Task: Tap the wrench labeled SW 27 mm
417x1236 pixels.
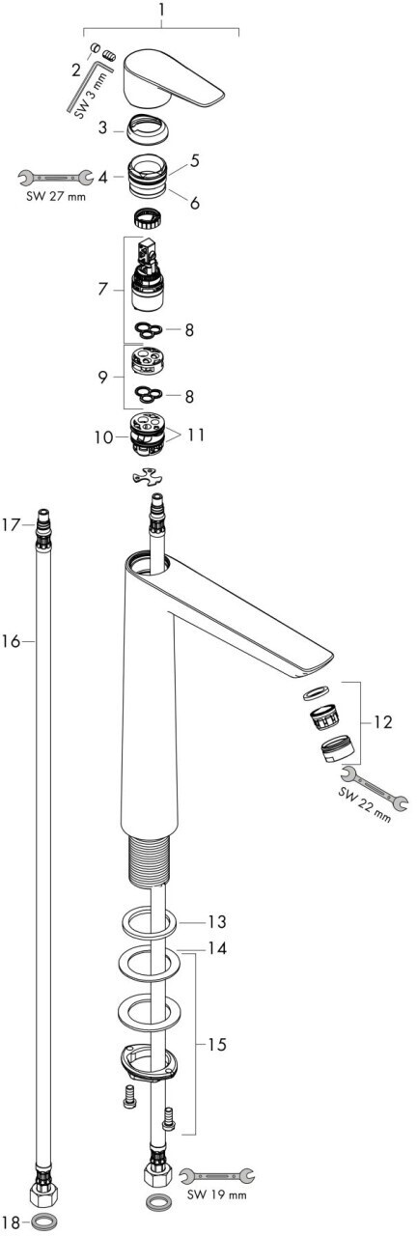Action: [x=55, y=177]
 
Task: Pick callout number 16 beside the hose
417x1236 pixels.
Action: [x=11, y=642]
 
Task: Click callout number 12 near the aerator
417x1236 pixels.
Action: [x=382, y=721]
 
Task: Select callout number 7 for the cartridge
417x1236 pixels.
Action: [x=102, y=289]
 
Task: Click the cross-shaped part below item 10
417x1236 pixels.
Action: [x=149, y=477]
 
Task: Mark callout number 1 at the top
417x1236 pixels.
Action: [x=161, y=10]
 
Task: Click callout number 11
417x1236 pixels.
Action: [x=195, y=435]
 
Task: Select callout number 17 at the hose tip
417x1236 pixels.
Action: [x=11, y=524]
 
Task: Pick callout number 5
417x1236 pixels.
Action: [x=195, y=160]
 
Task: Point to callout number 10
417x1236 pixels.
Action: [x=103, y=437]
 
